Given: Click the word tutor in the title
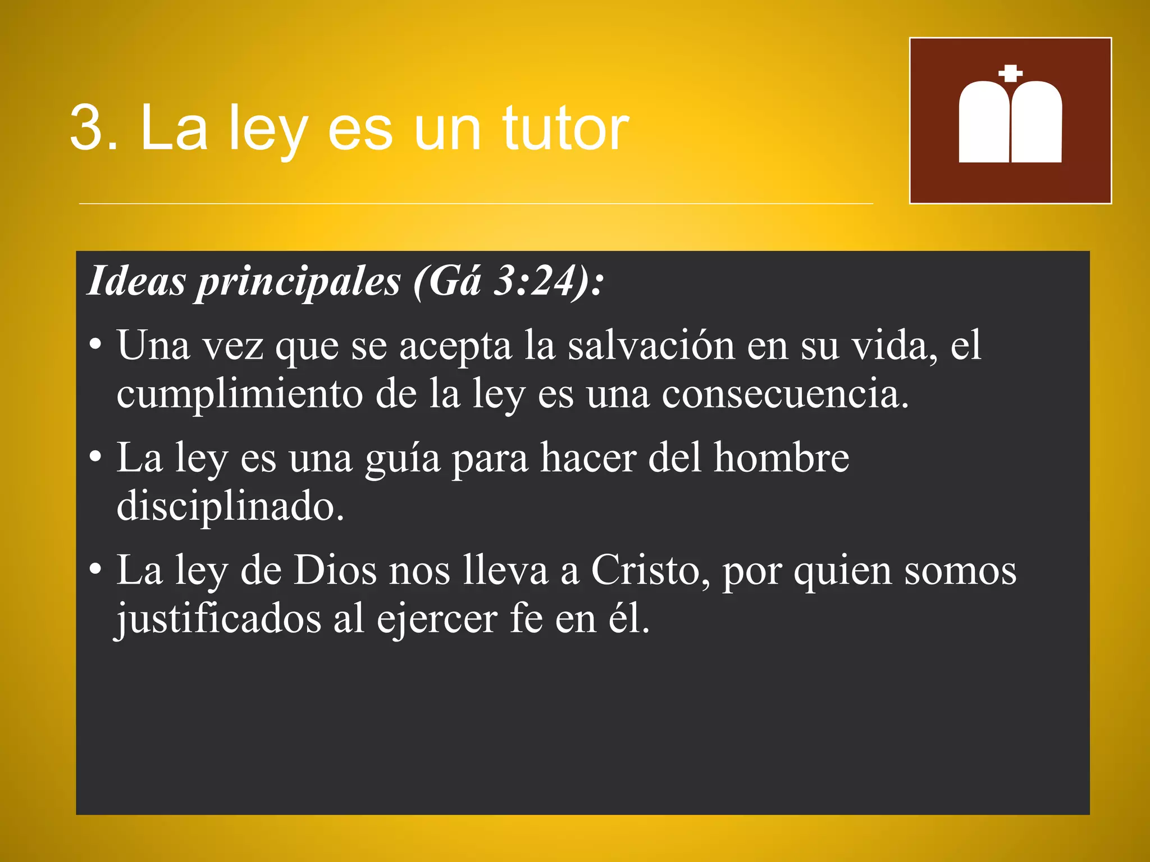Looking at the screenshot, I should [x=565, y=129].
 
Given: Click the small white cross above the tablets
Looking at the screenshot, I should [x=1010, y=73].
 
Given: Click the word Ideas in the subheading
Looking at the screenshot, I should [x=136, y=281].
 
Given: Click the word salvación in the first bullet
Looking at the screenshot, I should [x=651, y=346].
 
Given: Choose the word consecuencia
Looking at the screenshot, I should [x=784, y=394].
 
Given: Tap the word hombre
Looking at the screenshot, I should [x=781, y=458].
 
